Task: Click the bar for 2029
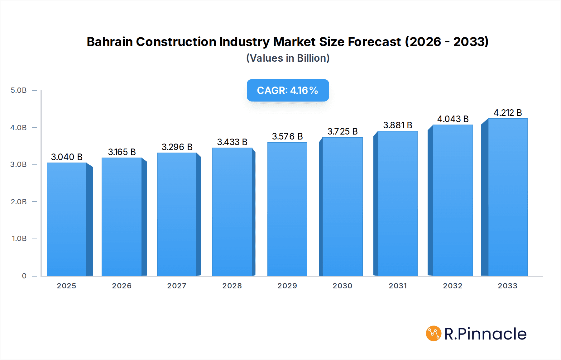point(287,209)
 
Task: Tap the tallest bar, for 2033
point(507,197)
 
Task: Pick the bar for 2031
point(397,203)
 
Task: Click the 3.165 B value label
point(122,152)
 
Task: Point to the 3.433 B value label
point(232,142)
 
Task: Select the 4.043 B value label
point(453,119)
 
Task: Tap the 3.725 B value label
point(342,131)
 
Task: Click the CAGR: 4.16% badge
point(288,90)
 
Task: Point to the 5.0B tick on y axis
point(19,90)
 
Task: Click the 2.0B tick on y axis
point(19,202)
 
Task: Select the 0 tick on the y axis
point(24,276)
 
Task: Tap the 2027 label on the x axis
point(177,286)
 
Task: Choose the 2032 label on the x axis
point(453,286)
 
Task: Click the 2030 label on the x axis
point(342,286)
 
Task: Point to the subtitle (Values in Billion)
point(288,58)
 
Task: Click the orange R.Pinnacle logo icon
point(433,334)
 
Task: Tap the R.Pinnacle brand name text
point(485,334)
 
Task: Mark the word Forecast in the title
point(374,42)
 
